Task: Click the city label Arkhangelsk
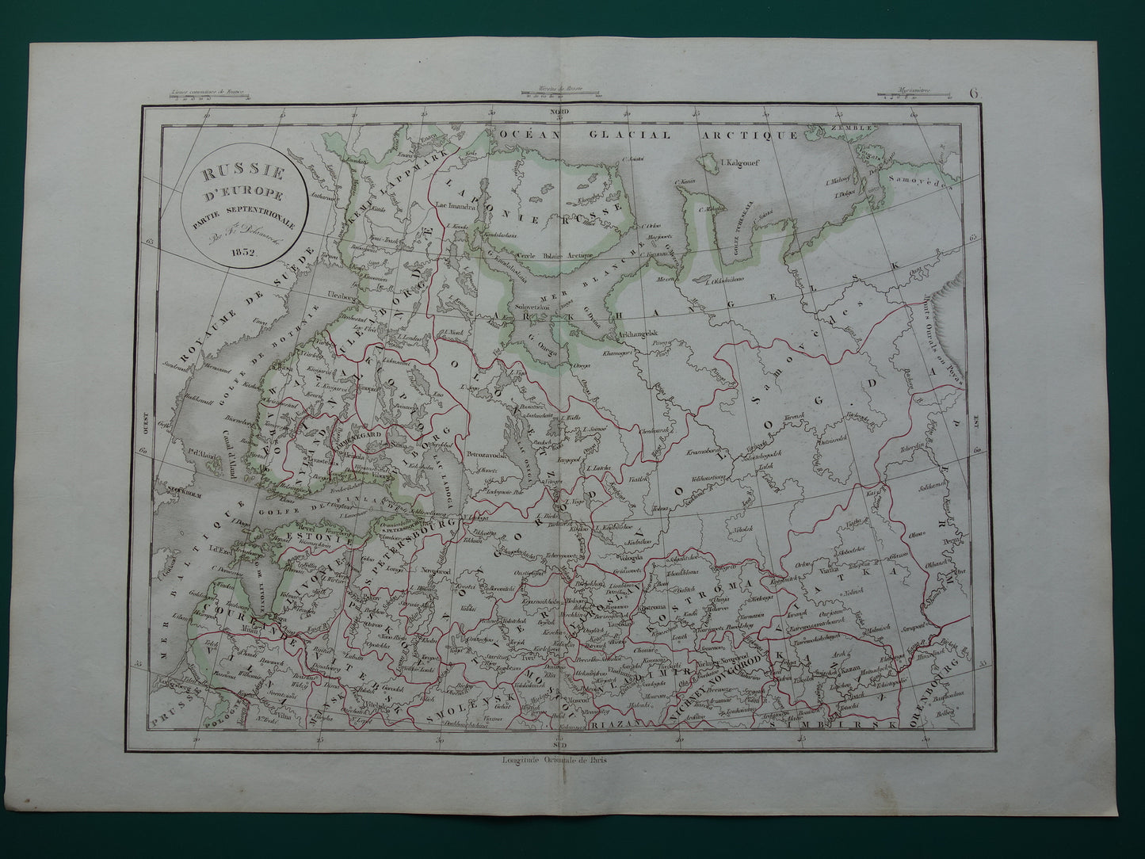point(641,335)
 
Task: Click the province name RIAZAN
point(627,723)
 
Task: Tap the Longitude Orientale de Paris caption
point(559,755)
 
